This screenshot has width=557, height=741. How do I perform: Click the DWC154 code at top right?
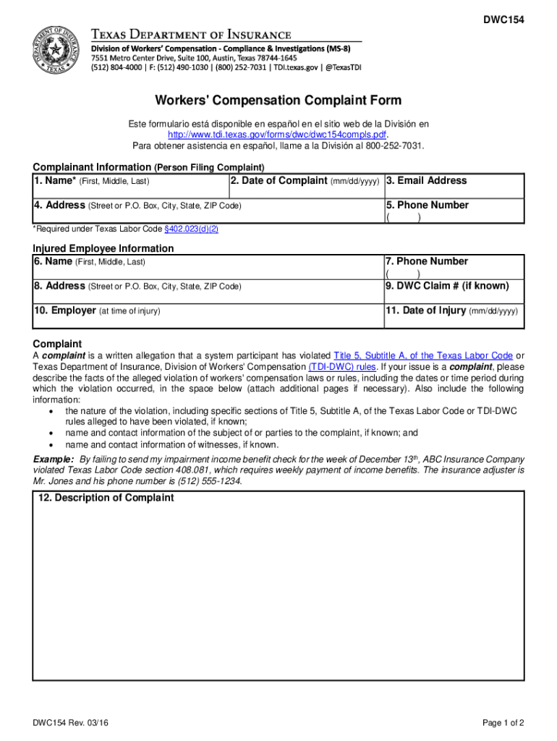pyautogui.click(x=504, y=20)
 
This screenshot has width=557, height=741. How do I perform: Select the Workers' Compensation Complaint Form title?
pyautogui.click(x=278, y=101)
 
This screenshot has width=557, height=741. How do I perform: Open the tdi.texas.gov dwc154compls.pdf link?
pyautogui.click(x=278, y=135)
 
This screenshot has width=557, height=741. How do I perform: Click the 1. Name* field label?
pyautogui.click(x=56, y=181)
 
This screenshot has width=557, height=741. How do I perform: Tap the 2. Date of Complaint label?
pyautogui.click(x=278, y=181)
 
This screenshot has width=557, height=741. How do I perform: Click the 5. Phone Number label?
pyautogui.click(x=428, y=206)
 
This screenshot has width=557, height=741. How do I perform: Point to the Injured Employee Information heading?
pyautogui.click(x=103, y=248)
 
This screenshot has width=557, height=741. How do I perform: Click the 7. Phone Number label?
pyautogui.click(x=427, y=261)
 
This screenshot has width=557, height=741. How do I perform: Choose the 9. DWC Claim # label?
pyautogui.click(x=447, y=286)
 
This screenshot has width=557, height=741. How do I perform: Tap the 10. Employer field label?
pyautogui.click(x=64, y=310)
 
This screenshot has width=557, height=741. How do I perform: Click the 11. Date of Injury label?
pyautogui.click(x=426, y=310)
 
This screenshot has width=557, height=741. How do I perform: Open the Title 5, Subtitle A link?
pyautogui.click(x=423, y=355)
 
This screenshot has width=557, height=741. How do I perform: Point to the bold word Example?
pyautogui.click(x=54, y=460)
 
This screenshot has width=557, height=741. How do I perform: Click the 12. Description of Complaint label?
pyautogui.click(x=106, y=498)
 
